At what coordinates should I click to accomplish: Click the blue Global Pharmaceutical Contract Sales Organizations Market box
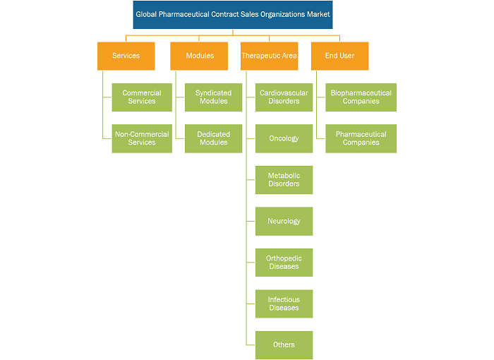[x=232, y=15]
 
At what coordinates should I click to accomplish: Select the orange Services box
[x=126, y=56]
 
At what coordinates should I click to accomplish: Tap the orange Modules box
[x=199, y=56]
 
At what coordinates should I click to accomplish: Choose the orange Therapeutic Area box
[x=270, y=56]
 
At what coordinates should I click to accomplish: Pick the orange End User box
[x=339, y=56]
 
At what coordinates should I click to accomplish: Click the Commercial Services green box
[x=142, y=97]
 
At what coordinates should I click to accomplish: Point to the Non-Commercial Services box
[x=142, y=138]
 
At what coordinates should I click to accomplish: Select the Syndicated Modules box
[x=213, y=97]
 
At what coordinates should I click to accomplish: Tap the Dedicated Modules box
[x=213, y=138]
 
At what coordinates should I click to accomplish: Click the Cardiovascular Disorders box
[x=284, y=97]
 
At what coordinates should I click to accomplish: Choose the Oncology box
[x=284, y=138]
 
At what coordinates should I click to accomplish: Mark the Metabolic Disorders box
[x=284, y=180]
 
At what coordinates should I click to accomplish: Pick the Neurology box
[x=284, y=221]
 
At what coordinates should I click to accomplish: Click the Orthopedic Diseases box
[x=284, y=263]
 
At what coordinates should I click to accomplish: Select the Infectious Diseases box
[x=284, y=304]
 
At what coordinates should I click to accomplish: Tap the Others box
[x=284, y=345]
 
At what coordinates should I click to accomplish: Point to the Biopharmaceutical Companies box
[x=361, y=97]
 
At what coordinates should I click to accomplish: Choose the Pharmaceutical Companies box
[x=361, y=138]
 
